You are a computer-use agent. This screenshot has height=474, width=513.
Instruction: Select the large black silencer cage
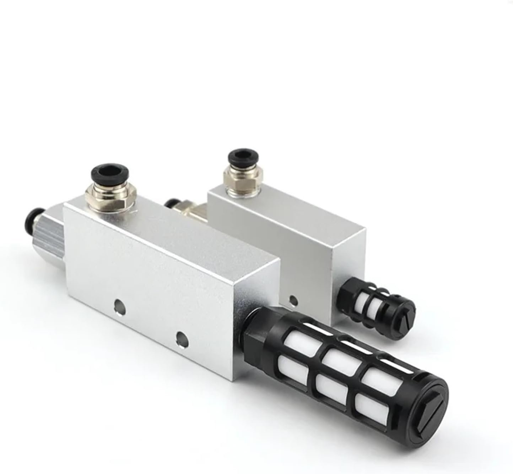(x=341, y=366)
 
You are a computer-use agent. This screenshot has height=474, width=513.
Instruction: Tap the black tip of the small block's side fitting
(x=171, y=204)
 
